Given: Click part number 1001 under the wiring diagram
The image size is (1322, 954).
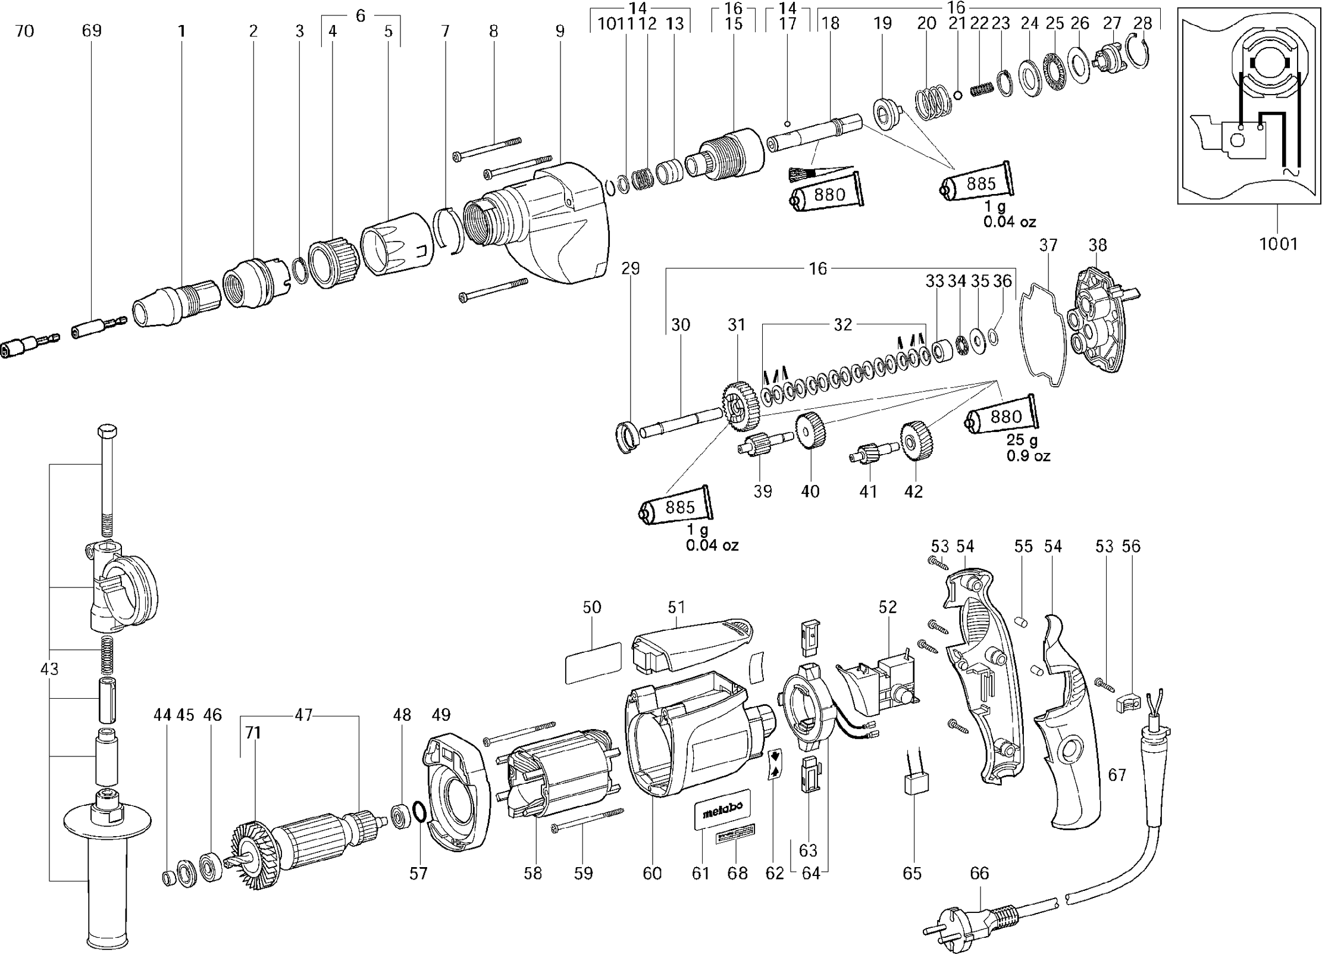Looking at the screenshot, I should [1278, 243].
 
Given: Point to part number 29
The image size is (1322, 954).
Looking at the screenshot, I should [630, 269].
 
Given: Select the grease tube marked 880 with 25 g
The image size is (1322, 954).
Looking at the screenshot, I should [1003, 417].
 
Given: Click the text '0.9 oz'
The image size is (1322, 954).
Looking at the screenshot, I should [1028, 456].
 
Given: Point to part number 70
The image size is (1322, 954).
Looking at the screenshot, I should [24, 31].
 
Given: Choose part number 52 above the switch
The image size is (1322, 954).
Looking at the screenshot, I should [887, 607].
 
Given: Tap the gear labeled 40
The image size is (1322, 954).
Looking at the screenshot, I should [810, 440].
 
